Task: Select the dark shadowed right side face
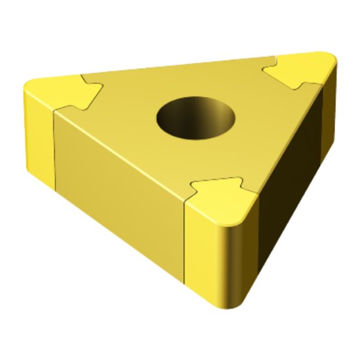[291, 177]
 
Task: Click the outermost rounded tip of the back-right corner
[334, 61]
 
